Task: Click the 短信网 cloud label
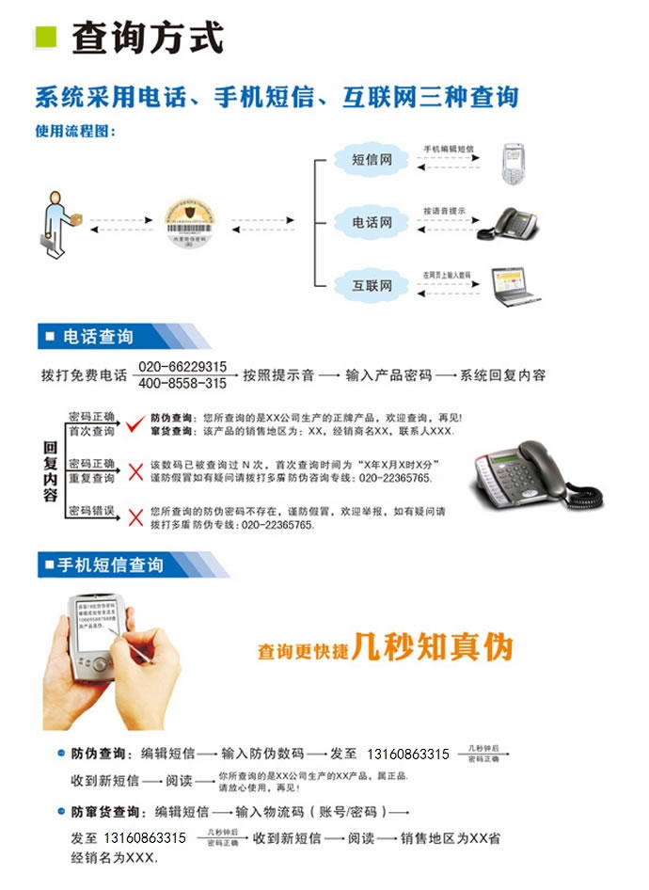[372, 160]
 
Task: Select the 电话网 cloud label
[372, 222]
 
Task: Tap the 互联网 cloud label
[372, 284]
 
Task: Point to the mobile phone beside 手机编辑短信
[513, 162]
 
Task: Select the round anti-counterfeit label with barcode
[191, 222]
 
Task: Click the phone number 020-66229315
[183, 366]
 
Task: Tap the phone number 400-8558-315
[183, 384]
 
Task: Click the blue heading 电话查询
[98, 337]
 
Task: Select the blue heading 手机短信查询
[111, 564]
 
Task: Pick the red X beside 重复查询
[135, 471]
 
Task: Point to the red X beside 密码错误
[135, 517]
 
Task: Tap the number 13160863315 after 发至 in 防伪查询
[407, 755]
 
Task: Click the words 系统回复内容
[503, 374]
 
